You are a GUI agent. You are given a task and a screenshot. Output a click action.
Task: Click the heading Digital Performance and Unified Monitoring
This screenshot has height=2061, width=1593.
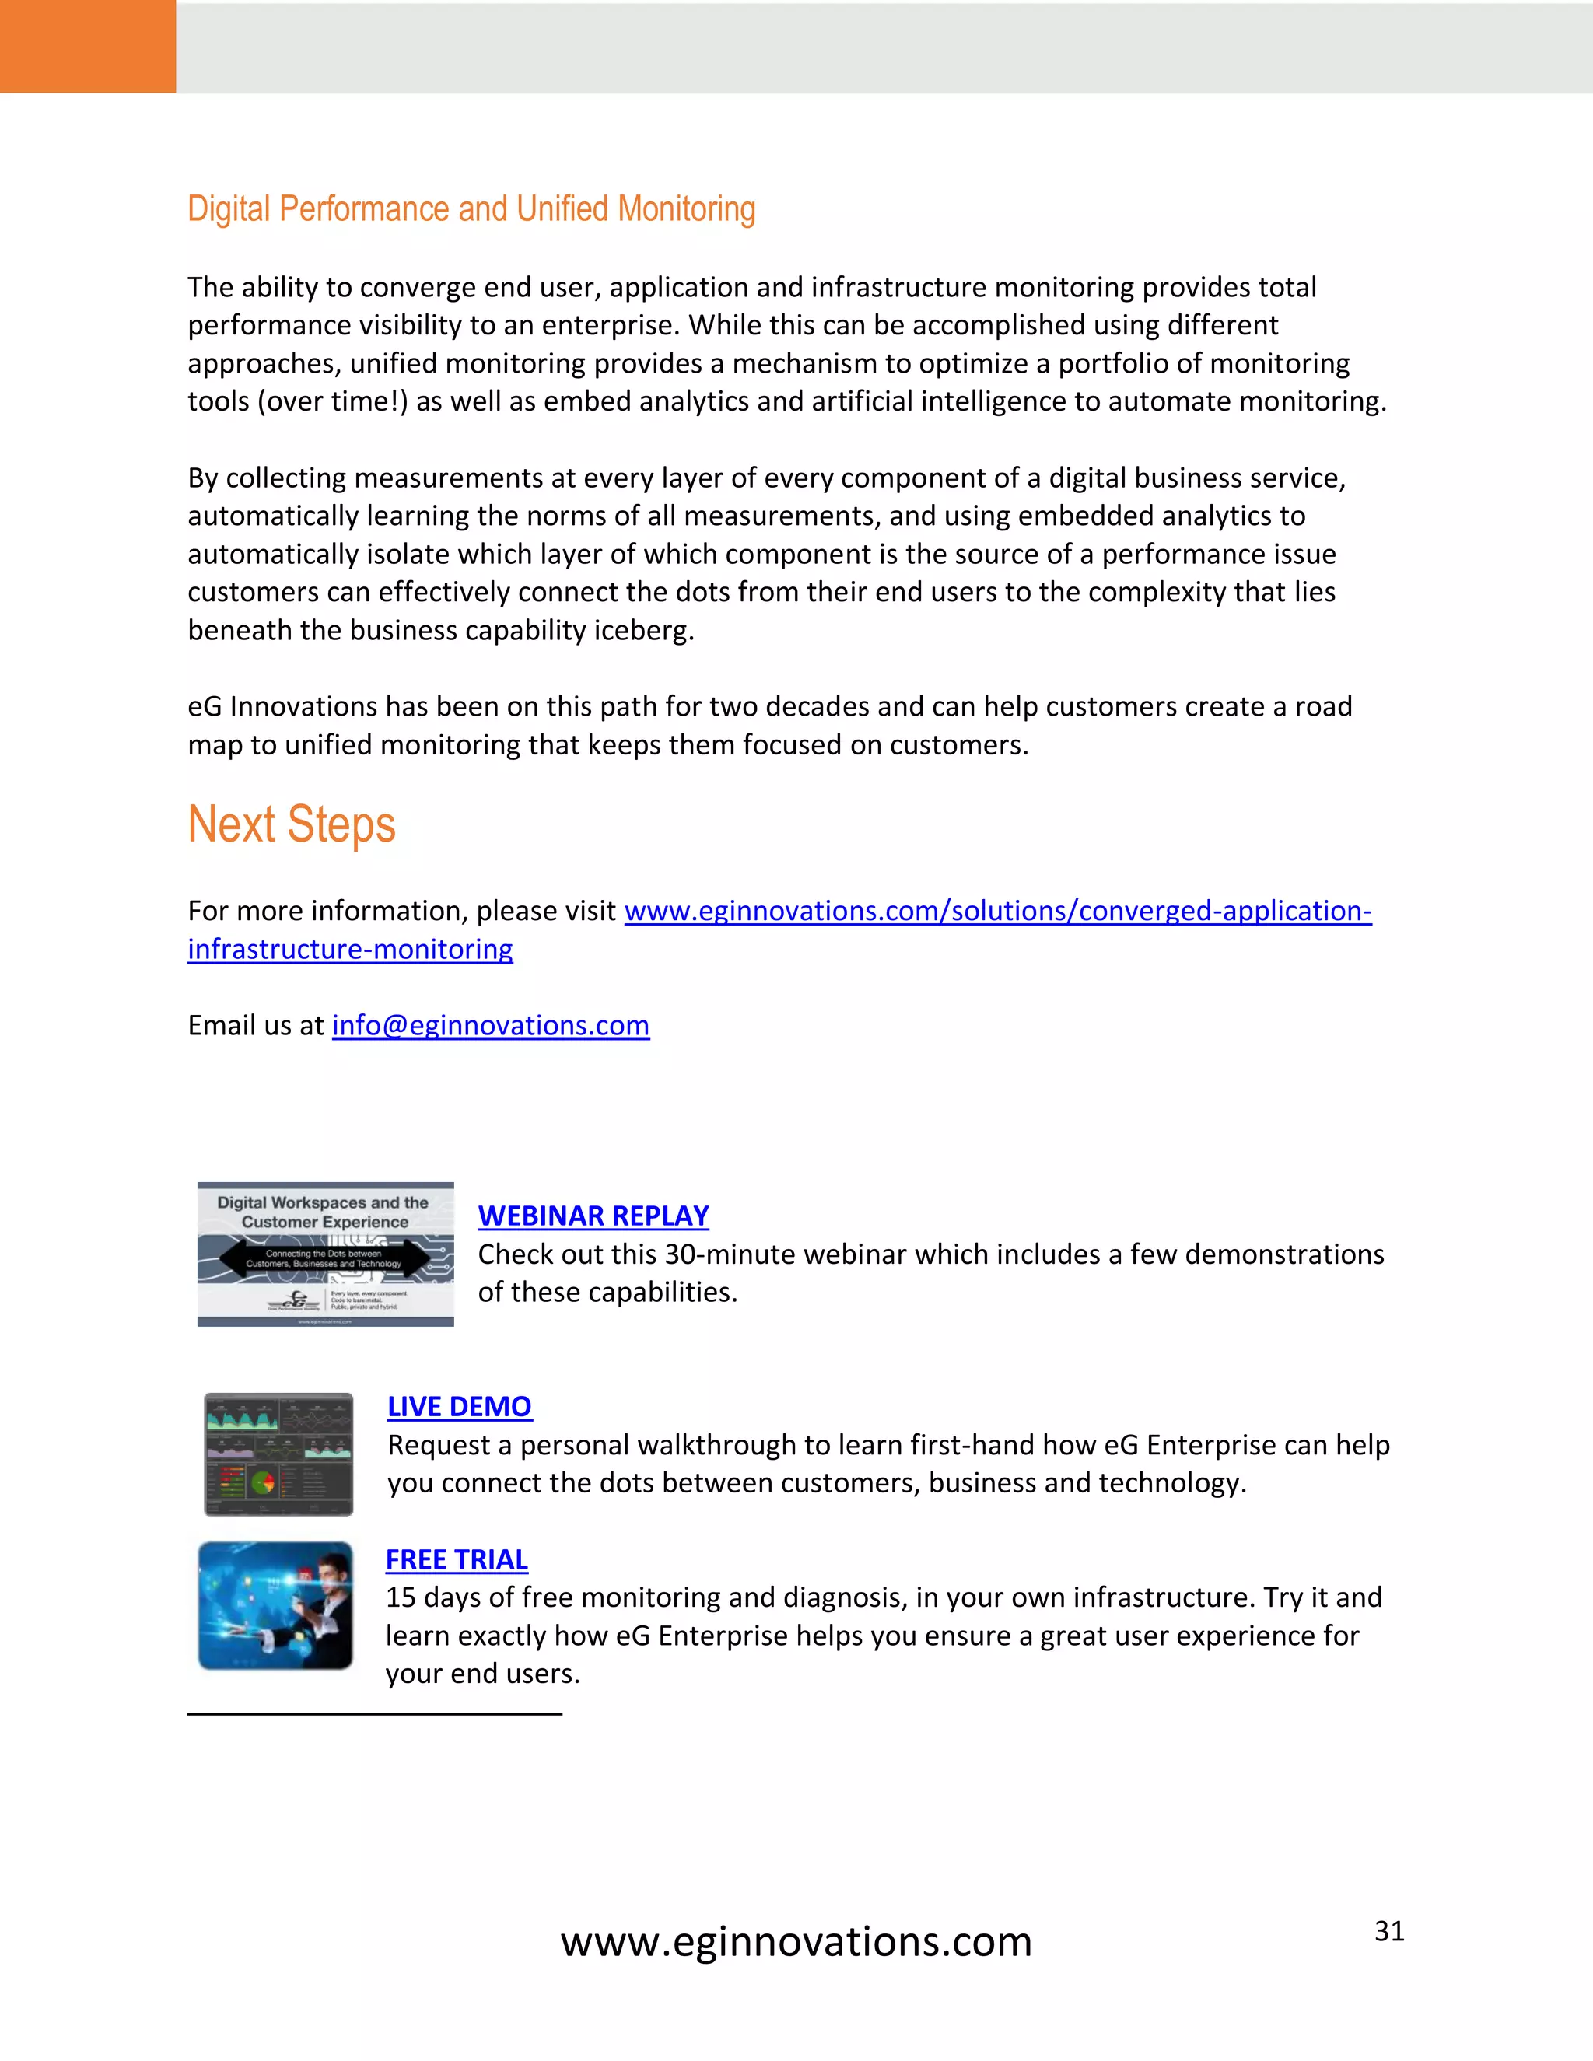pyautogui.click(x=471, y=209)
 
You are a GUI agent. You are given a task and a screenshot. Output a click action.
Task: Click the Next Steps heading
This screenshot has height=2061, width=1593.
pyautogui.click(x=292, y=824)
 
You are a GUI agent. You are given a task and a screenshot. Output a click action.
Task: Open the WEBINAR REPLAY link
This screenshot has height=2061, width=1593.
pyautogui.click(x=593, y=1216)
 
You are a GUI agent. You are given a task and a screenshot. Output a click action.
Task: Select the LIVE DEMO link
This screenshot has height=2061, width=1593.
pyautogui.click(x=460, y=1406)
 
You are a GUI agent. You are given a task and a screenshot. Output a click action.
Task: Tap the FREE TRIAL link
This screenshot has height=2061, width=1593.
pyautogui.click(x=457, y=1560)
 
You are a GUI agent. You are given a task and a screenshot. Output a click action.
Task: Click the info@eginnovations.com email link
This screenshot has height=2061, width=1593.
pyautogui.click(x=491, y=1026)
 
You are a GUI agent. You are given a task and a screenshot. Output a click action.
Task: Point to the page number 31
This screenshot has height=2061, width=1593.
pyautogui.click(x=1389, y=1932)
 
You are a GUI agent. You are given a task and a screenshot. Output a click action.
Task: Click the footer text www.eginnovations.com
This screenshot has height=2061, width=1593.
pyautogui.click(x=796, y=1942)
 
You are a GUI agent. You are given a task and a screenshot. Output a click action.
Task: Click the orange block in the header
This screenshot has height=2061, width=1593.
pyautogui.click(x=88, y=46)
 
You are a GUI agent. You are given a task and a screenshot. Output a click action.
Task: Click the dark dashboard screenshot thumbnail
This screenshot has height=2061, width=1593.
pyautogui.click(x=278, y=1454)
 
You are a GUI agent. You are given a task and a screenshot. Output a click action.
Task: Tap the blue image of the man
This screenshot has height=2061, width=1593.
pyautogui.click(x=275, y=1605)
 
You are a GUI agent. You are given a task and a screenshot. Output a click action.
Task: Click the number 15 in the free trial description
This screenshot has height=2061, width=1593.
pyautogui.click(x=400, y=1597)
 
